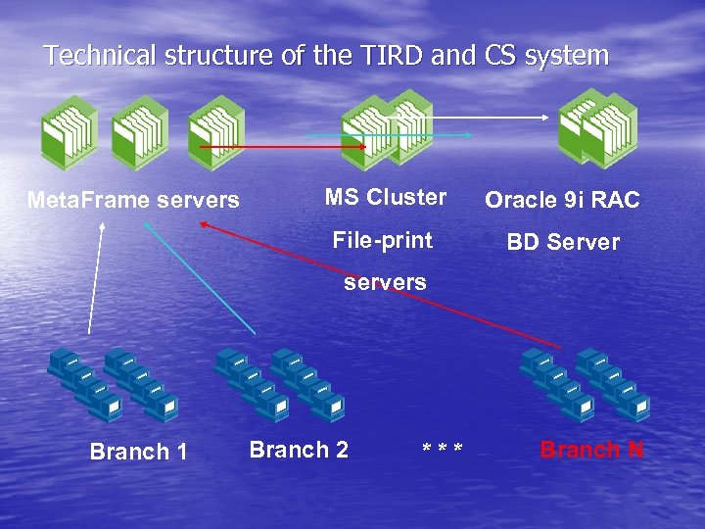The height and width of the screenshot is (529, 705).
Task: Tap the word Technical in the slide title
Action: tap(94, 56)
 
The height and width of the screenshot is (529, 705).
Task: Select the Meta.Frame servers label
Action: tap(133, 200)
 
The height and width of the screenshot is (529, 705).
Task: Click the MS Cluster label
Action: tap(386, 197)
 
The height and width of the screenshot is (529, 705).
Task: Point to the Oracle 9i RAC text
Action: tap(562, 201)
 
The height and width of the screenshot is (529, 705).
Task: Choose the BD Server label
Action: tap(562, 242)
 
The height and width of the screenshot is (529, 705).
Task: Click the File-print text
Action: tap(382, 239)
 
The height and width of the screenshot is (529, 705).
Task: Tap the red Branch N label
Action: tap(591, 450)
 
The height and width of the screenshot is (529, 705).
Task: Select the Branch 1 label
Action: tap(138, 452)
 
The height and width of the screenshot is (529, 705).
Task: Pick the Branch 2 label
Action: tap(299, 450)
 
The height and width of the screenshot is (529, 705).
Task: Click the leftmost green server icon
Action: tap(68, 132)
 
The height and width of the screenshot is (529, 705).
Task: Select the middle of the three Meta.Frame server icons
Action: tap(139, 132)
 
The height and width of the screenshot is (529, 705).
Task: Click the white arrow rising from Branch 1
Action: tap(96, 279)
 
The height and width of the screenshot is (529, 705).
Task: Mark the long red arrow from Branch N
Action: tap(382, 285)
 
